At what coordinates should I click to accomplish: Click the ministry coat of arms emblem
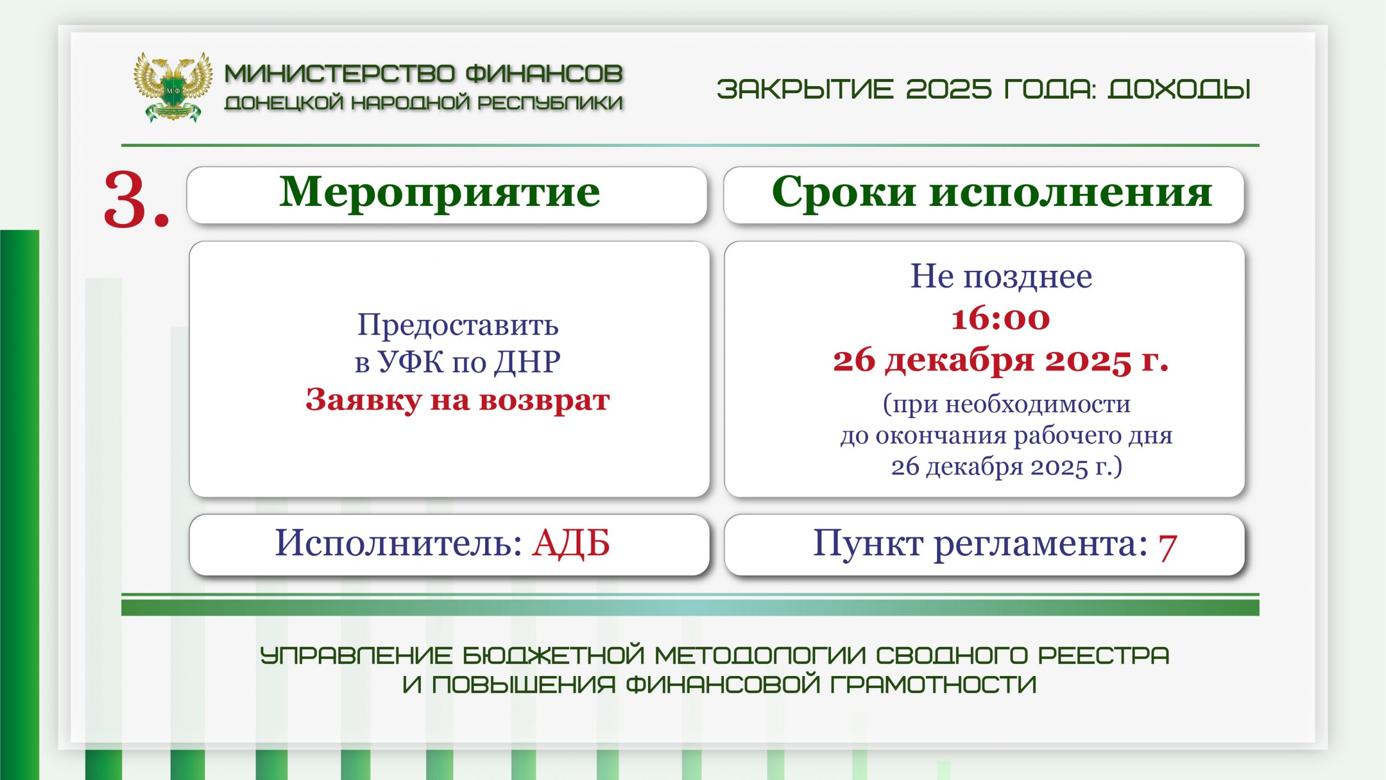[x=173, y=87]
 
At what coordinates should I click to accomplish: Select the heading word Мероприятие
[x=440, y=192]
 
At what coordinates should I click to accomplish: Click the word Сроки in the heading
[x=844, y=192]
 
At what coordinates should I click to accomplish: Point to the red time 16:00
[x=1001, y=318]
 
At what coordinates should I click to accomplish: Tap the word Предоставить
[x=457, y=325]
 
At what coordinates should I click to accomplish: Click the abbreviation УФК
[x=410, y=362]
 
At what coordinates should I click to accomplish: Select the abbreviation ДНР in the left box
[x=528, y=362]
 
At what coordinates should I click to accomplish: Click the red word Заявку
[x=363, y=400]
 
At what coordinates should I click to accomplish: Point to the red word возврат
[x=545, y=401]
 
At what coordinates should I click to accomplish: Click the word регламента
[x=1041, y=544]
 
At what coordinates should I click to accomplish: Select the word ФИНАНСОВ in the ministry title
[x=544, y=74]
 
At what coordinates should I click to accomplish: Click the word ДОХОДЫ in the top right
[x=1179, y=89]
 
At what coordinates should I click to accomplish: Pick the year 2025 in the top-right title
[x=949, y=89]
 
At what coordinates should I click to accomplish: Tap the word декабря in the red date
[x=959, y=360]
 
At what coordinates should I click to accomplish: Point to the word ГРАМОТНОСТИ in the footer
[x=933, y=684]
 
